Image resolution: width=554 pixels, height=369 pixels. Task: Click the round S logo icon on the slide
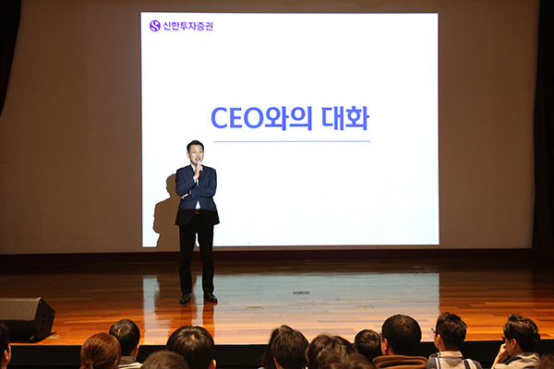(155, 26)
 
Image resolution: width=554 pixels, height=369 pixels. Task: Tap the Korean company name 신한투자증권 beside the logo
(188, 26)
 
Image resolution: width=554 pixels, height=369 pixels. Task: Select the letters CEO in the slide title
(237, 118)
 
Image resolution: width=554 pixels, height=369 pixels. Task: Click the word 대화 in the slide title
(345, 118)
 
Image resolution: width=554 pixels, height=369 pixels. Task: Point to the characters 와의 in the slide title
(288, 118)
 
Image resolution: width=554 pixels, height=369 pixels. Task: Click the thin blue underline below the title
(292, 141)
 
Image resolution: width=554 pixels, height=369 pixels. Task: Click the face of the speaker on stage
(196, 154)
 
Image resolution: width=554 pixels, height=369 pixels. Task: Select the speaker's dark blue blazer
(197, 194)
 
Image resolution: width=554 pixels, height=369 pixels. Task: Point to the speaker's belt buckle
(198, 212)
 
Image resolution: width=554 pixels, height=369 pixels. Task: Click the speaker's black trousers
(197, 254)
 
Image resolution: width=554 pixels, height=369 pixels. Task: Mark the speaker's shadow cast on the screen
(165, 212)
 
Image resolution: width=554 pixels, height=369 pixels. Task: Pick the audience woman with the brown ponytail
(101, 351)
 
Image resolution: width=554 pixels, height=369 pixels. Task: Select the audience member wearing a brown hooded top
(401, 342)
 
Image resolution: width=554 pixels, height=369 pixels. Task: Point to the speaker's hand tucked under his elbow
(185, 195)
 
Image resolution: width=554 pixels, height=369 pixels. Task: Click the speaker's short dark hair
(195, 145)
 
